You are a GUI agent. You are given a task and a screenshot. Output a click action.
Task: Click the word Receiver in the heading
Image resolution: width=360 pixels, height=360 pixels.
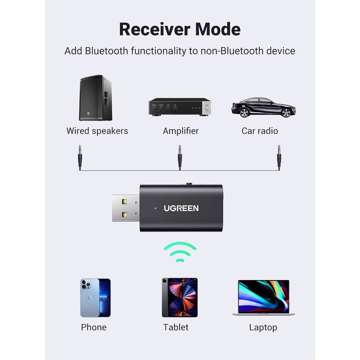157,30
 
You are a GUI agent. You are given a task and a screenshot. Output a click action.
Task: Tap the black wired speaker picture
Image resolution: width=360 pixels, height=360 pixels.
95,98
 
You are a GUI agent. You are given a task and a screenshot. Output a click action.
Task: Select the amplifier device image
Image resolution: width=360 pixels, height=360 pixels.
180,107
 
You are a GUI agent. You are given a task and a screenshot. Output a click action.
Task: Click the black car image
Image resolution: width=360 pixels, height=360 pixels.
263,107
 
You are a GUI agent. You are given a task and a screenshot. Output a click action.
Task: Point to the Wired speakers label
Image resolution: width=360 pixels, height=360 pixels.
97,131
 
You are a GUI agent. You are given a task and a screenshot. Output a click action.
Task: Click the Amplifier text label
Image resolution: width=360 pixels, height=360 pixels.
181,131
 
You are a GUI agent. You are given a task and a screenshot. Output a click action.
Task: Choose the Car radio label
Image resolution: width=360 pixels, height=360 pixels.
260,131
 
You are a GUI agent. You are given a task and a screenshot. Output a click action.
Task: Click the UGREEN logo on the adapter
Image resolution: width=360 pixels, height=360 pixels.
181,208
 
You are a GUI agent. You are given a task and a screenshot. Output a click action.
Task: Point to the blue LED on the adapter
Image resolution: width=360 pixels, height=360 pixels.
156,208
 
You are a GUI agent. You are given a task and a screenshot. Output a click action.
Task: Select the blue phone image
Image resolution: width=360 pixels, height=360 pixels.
95,298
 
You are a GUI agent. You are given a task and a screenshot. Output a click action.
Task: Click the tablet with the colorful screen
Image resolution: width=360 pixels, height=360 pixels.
180,297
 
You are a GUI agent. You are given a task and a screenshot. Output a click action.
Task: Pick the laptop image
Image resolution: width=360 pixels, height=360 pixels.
264,297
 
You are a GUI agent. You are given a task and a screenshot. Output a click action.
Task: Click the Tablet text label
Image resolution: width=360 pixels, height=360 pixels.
176,327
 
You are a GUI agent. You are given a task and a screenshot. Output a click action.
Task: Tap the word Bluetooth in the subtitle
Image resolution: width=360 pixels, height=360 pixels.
107,51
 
